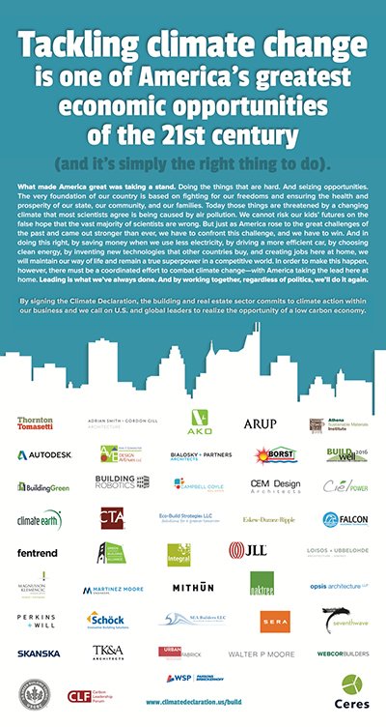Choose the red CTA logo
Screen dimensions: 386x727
pos(111,518)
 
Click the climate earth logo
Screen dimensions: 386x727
pos(39,519)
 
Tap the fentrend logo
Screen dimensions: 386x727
pos(37,553)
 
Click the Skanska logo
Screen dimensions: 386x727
pos(38,654)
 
